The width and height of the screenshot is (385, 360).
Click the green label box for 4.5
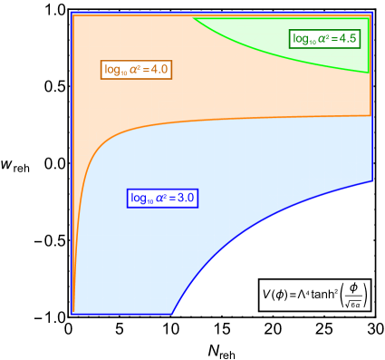(x=324, y=38)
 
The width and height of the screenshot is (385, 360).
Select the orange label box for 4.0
(x=137, y=69)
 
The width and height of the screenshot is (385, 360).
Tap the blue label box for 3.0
(x=163, y=198)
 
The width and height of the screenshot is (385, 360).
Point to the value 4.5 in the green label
(x=348, y=38)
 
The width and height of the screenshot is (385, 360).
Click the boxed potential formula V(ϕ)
(x=314, y=294)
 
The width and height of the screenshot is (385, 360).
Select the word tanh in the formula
(x=324, y=294)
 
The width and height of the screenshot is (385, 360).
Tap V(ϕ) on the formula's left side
(x=274, y=294)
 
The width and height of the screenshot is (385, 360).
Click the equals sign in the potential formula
(x=292, y=294)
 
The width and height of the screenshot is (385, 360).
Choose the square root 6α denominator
(x=354, y=303)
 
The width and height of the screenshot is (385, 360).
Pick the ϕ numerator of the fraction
(x=354, y=287)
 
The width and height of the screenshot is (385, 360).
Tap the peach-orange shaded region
(x=226, y=82)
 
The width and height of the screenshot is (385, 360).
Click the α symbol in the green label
(x=322, y=38)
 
